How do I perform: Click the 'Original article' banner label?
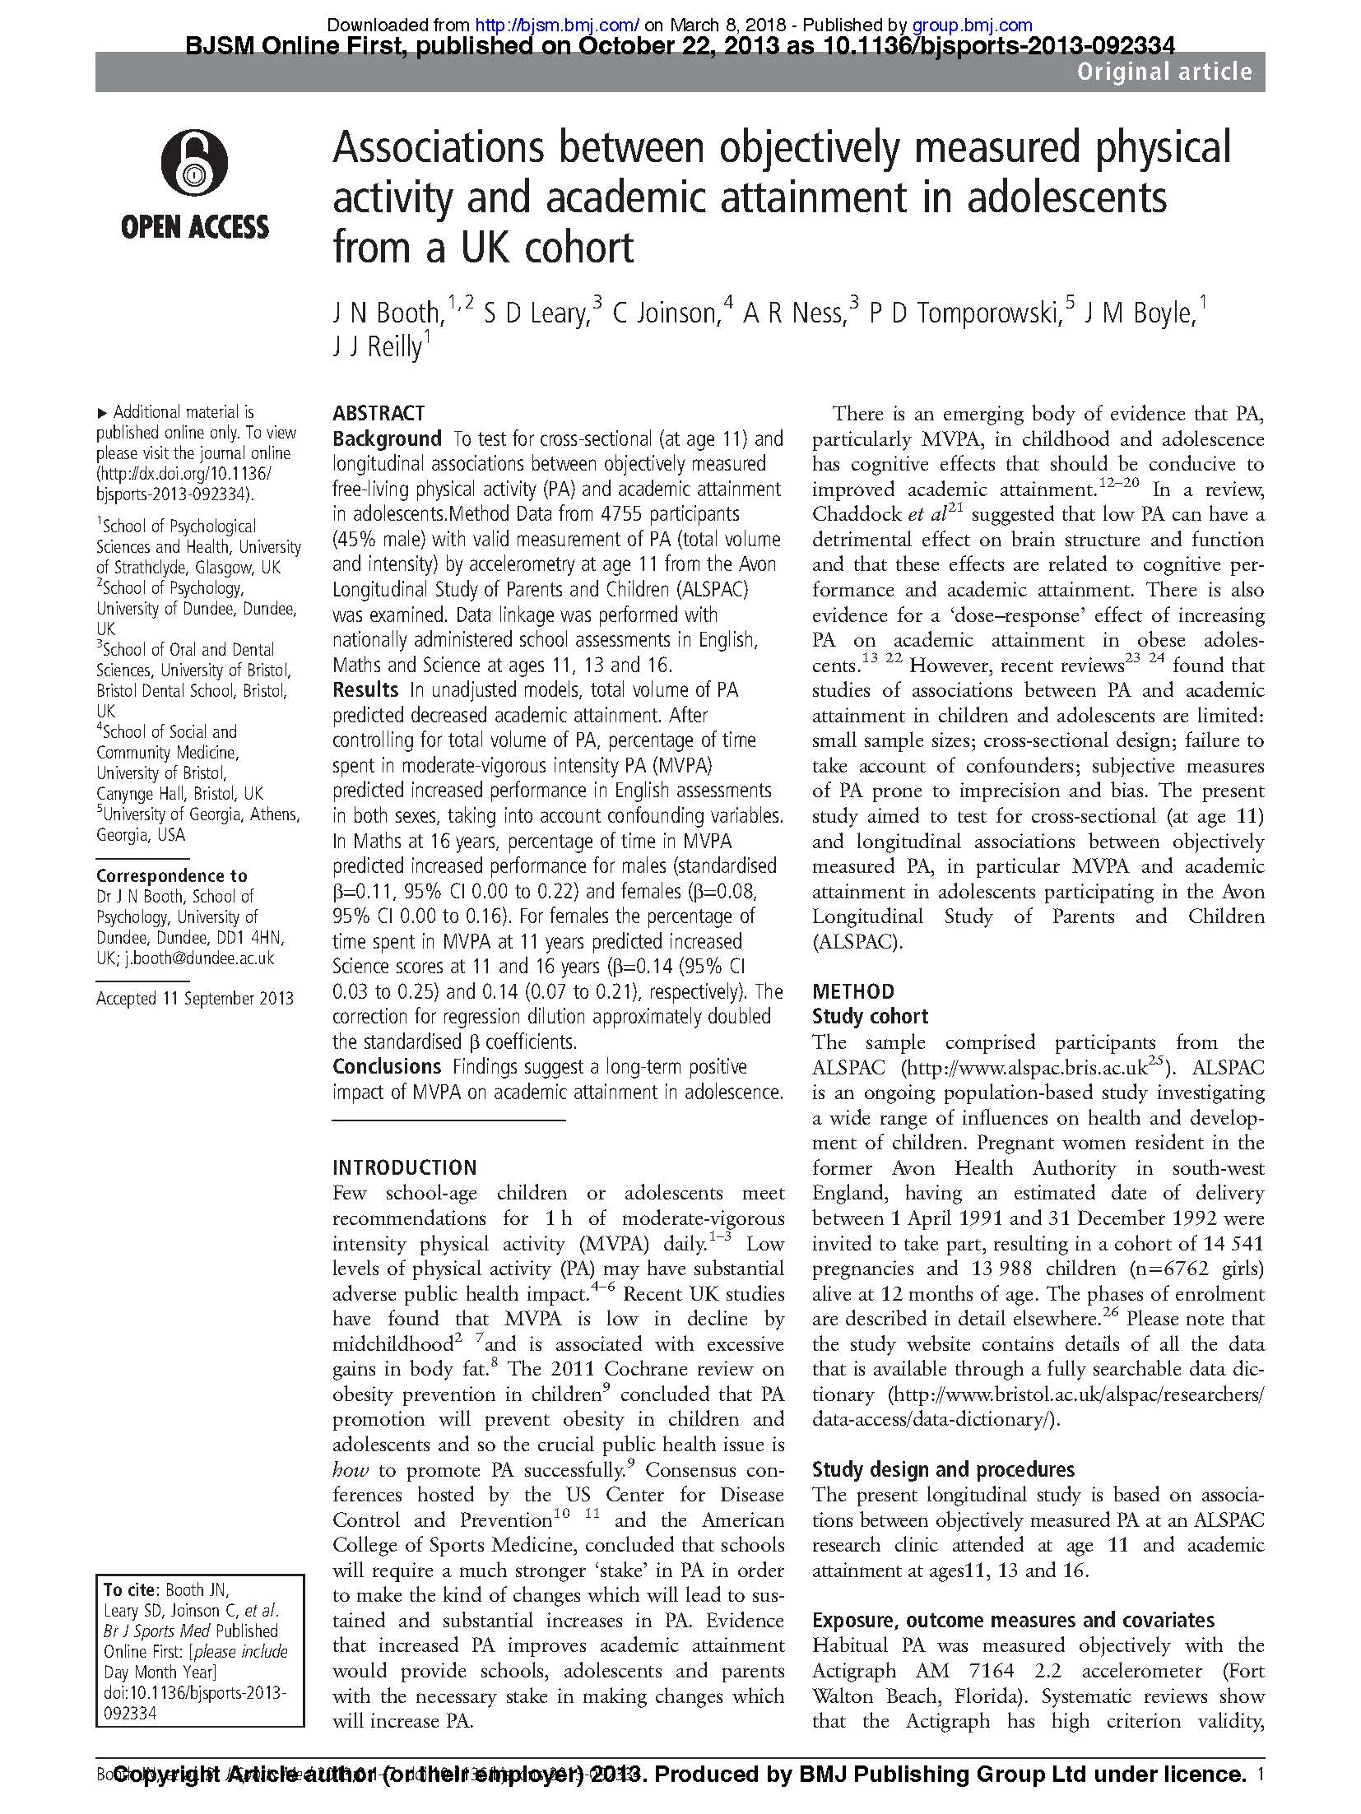pos(1164,72)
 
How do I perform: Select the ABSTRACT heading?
pos(378,413)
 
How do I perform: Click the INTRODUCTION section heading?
pos(404,1167)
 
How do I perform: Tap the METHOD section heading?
pos(852,991)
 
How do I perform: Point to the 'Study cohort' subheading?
pos(870,1017)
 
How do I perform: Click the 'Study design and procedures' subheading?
pos(943,1469)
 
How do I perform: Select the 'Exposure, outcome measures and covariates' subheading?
pos(1013,1620)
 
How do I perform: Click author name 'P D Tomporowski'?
pos(963,313)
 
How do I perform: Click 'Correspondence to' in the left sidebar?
pos(171,875)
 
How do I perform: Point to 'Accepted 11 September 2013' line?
pos(194,999)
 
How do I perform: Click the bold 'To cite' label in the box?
pos(129,1589)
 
